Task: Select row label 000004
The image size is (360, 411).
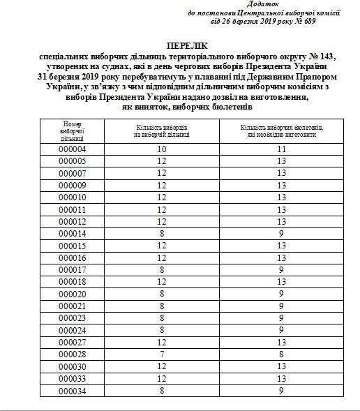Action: (x=72, y=149)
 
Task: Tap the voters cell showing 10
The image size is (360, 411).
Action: (x=162, y=149)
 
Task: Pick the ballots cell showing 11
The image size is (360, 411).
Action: (x=281, y=149)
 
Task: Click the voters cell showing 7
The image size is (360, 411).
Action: (x=162, y=355)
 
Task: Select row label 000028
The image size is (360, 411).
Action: (x=72, y=355)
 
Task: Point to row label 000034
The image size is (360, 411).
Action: (x=72, y=392)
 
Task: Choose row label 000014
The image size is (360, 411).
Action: (x=72, y=234)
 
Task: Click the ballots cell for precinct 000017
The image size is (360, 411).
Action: (x=281, y=270)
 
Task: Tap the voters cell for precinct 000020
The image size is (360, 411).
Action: (x=162, y=294)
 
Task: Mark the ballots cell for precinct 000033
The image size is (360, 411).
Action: (x=281, y=380)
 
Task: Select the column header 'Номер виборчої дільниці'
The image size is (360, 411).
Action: (x=72, y=130)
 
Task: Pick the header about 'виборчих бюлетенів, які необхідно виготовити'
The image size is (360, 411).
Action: (x=281, y=131)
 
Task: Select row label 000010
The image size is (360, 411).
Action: (x=72, y=197)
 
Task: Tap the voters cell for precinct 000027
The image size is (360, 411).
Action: (x=162, y=343)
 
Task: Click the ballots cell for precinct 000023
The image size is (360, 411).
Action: (x=281, y=319)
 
